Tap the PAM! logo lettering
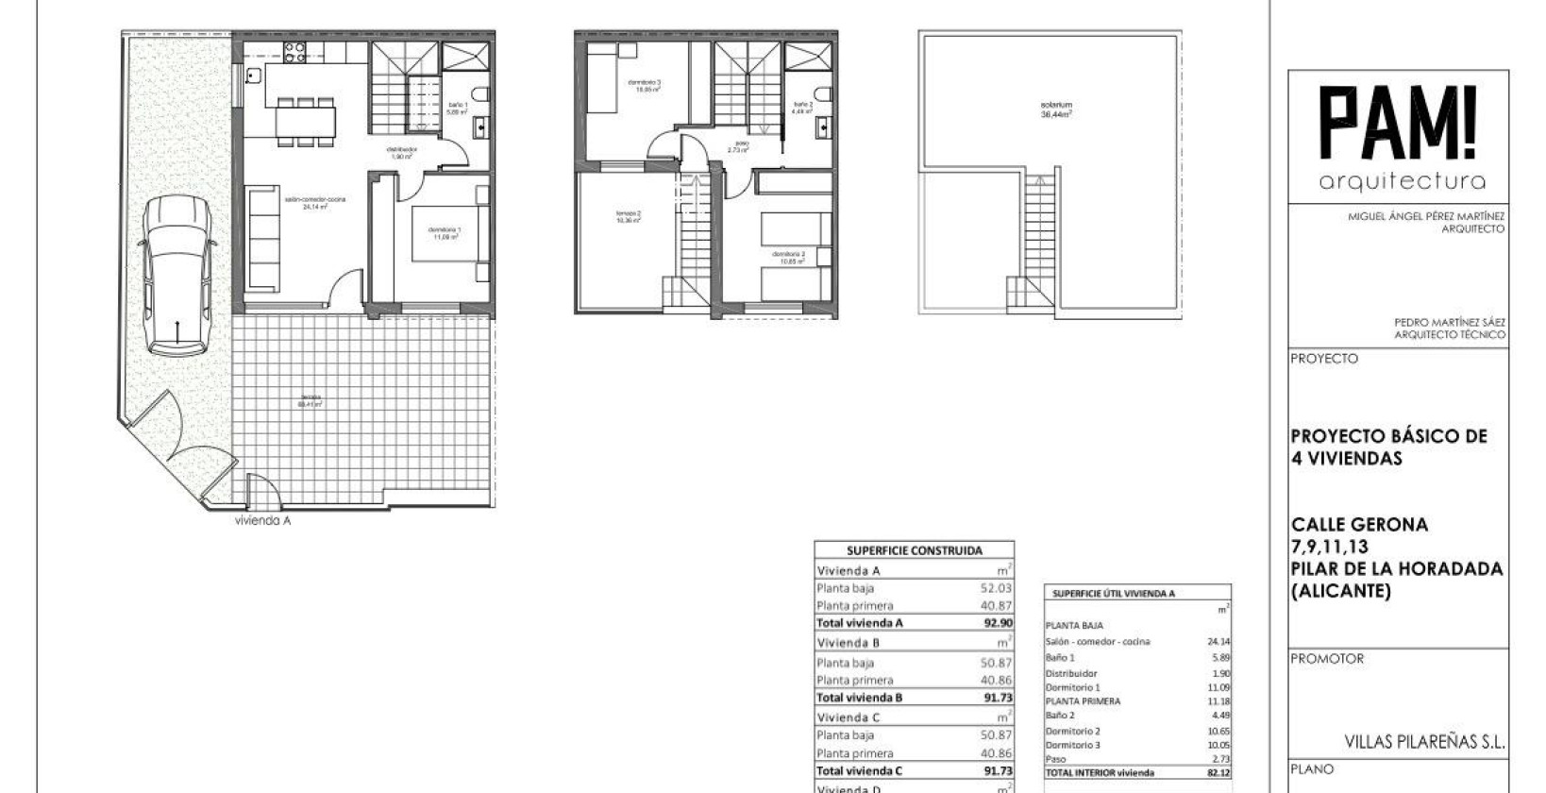coord(1397,123)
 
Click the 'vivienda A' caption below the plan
coord(262,520)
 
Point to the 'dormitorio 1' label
coord(445,232)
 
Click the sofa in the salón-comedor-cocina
coord(263,238)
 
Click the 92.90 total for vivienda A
coord(997,623)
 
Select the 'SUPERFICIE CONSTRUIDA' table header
coord(914,550)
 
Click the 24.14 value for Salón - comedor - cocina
coord(1218,642)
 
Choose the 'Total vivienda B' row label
coord(860,698)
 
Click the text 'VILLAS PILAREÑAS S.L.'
coord(1423,742)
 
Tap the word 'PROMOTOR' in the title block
coord(1327,659)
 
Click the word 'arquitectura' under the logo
coord(1402,181)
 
